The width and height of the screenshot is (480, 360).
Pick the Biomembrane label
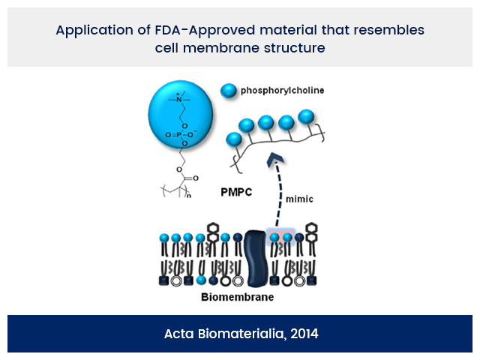[237, 297]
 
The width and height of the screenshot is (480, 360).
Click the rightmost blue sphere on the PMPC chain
[305, 116]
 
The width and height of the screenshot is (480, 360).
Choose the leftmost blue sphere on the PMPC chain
[233, 139]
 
